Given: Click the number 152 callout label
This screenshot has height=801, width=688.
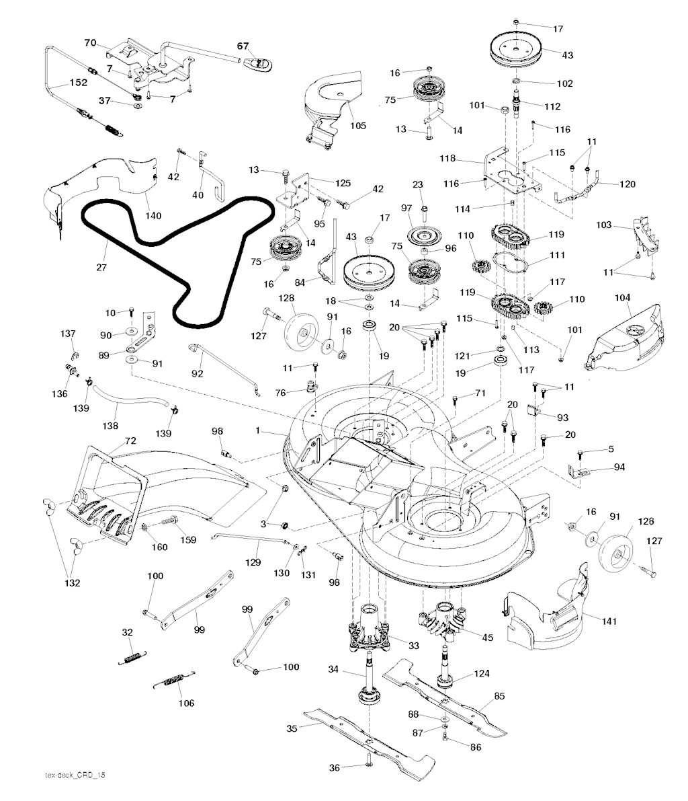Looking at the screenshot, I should click(x=78, y=83).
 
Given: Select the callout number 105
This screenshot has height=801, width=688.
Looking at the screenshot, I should click(x=358, y=126).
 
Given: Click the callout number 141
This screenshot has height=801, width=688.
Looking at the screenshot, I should click(x=609, y=621).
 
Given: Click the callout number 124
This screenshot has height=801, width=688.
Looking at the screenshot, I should click(x=482, y=673).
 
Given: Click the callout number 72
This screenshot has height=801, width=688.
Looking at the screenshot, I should click(x=130, y=441).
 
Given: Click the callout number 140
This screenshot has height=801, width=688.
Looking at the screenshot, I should click(x=153, y=216).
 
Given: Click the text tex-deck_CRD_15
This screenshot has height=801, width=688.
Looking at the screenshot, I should click(x=71, y=775).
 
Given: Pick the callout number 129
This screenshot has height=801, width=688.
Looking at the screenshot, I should click(x=253, y=561).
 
